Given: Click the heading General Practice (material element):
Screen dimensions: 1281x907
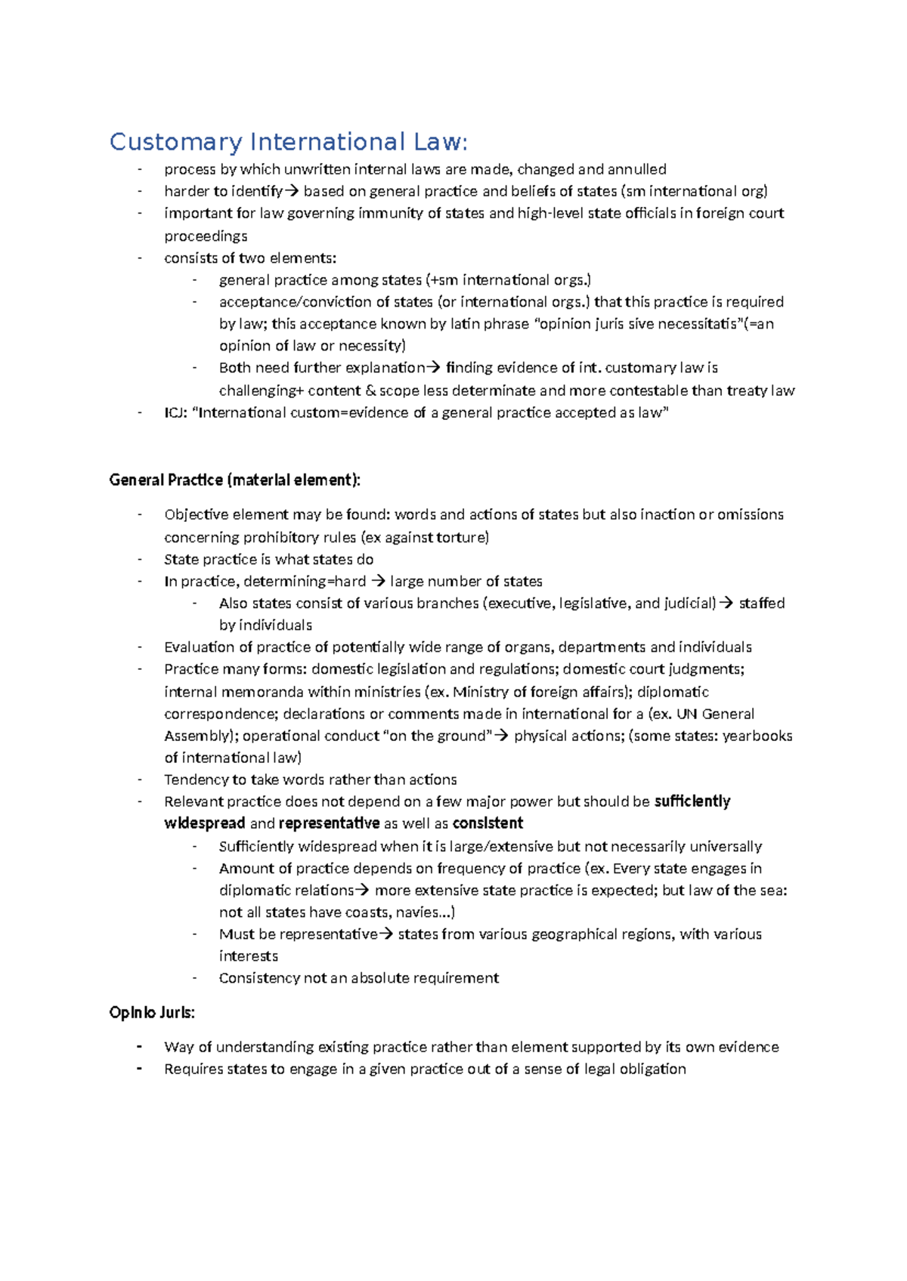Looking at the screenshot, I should coord(235,480).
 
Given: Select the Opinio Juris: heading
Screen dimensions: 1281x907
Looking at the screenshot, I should coord(152,1013).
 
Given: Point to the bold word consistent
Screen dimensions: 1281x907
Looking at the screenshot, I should coord(488,823).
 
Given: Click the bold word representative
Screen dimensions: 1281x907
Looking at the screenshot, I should coord(329,823).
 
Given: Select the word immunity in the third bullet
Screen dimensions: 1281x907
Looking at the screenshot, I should coord(391,214).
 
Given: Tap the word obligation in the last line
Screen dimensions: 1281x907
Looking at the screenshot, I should coord(652,1070).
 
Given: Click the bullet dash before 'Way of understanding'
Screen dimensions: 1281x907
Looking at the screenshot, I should coord(140,1048).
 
